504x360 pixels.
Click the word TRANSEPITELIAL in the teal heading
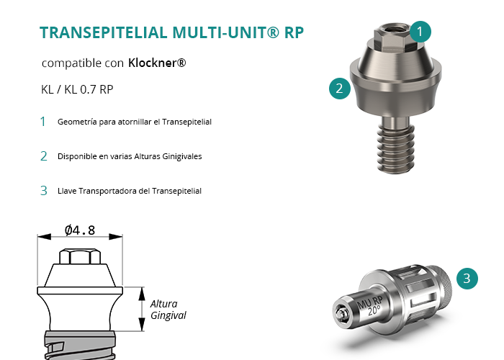click(104, 32)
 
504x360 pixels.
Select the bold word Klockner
click(157, 63)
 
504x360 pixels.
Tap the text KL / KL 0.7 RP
click(77, 89)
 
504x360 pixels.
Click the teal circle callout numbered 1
click(420, 32)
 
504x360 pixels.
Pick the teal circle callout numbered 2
click(340, 89)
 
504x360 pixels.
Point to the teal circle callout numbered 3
click(467, 279)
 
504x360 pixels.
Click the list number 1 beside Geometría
click(42, 122)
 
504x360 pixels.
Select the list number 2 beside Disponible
click(44, 156)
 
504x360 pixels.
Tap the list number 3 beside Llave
click(44, 191)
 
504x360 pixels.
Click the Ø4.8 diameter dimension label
click(80, 230)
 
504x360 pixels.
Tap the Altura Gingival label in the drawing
click(168, 309)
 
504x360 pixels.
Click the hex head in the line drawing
click(80, 256)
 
